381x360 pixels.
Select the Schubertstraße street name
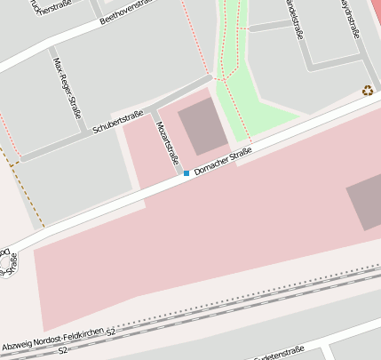pyautogui.click(x=111, y=120)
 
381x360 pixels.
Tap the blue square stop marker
pyautogui.click(x=187, y=172)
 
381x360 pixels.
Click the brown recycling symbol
pyautogui.click(x=368, y=90)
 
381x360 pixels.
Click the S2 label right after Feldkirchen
pyautogui.click(x=111, y=331)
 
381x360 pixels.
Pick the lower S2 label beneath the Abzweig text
pyautogui.click(x=62, y=350)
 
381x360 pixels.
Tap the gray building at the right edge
pyautogui.click(x=363, y=204)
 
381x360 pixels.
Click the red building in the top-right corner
pyautogui.click(x=376, y=12)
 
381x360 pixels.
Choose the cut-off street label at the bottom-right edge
pyautogui.click(x=274, y=356)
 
